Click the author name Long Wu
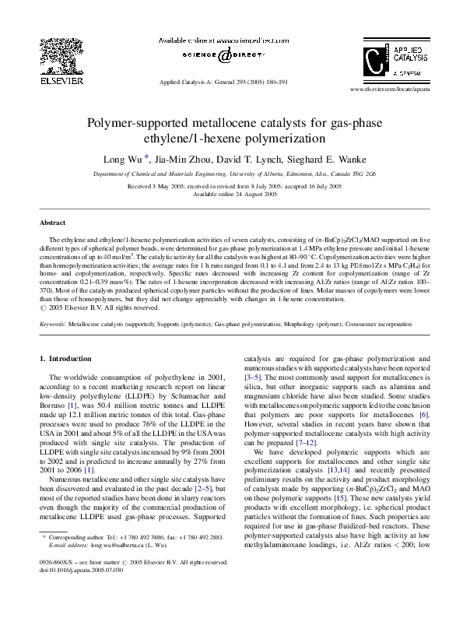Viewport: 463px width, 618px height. click(123, 160)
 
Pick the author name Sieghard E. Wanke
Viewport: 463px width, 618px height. click(317, 160)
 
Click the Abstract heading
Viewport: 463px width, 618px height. click(52, 223)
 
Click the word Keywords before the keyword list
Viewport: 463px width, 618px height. click(52, 321)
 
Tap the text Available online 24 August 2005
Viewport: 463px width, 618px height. click(234, 194)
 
